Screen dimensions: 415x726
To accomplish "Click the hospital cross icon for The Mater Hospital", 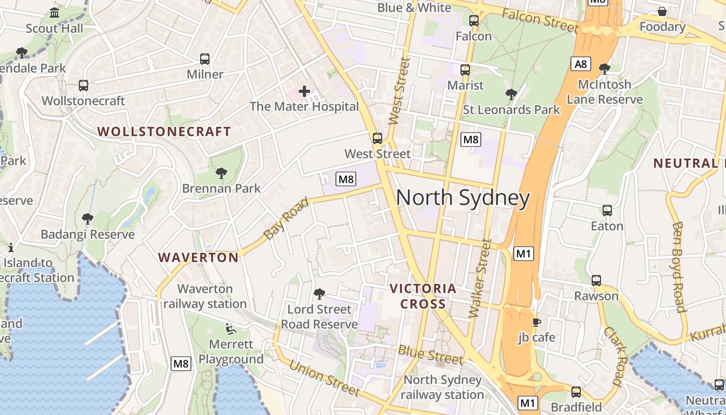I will pyautogui.click(x=304, y=92).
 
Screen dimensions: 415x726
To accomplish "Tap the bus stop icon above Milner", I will pyautogui.click(x=205, y=59).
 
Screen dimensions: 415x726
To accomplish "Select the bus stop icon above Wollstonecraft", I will pyautogui.click(x=83, y=86).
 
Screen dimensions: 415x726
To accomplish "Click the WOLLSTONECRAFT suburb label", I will pyautogui.click(x=164, y=132).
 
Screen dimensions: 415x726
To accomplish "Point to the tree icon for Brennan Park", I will pyautogui.click(x=221, y=173).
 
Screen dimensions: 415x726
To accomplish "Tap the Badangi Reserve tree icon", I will pyautogui.click(x=88, y=219).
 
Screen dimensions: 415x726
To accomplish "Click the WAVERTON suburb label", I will pyautogui.click(x=198, y=257).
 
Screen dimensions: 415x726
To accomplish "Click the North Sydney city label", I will pyautogui.click(x=463, y=198).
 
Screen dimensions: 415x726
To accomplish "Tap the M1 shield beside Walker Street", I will pyautogui.click(x=524, y=254).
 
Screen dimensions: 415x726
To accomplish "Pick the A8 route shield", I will pyautogui.click(x=581, y=64).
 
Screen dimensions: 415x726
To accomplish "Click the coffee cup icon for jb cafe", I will pyautogui.click(x=537, y=322).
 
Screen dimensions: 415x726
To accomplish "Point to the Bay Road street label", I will pyautogui.click(x=286, y=218).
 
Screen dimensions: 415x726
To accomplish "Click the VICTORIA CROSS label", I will pyautogui.click(x=423, y=296).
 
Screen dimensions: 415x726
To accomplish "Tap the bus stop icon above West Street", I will pyautogui.click(x=378, y=139).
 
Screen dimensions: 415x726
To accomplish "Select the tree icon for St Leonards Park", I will pyautogui.click(x=511, y=94).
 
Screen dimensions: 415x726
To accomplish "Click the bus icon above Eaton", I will pyautogui.click(x=607, y=211).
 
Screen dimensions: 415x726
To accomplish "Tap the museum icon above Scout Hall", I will pyautogui.click(x=54, y=12).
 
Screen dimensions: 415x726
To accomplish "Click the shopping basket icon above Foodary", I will pyautogui.click(x=662, y=11).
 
